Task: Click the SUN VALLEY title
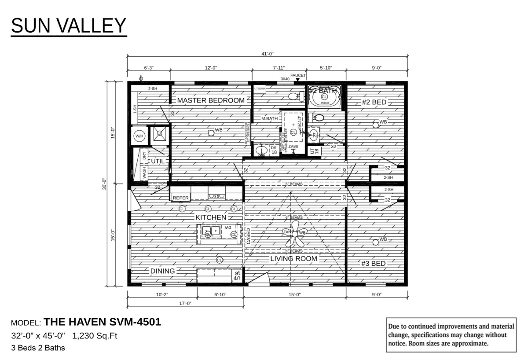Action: point(69,26)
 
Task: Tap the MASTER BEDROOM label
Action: point(211,100)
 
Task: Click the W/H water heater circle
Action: point(139,136)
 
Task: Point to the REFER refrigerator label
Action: point(180,198)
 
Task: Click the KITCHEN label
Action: point(211,217)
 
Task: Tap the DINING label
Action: point(163,271)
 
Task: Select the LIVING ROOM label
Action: point(293,259)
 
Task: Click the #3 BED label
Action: point(374,264)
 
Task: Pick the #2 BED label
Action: point(374,102)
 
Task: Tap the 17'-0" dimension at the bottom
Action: point(185,303)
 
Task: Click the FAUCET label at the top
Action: point(298,75)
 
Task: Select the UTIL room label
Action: point(158,162)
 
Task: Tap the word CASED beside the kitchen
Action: point(249,236)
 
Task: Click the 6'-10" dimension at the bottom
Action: point(220,294)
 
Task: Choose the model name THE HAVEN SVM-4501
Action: point(103,322)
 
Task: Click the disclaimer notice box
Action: point(451,335)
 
